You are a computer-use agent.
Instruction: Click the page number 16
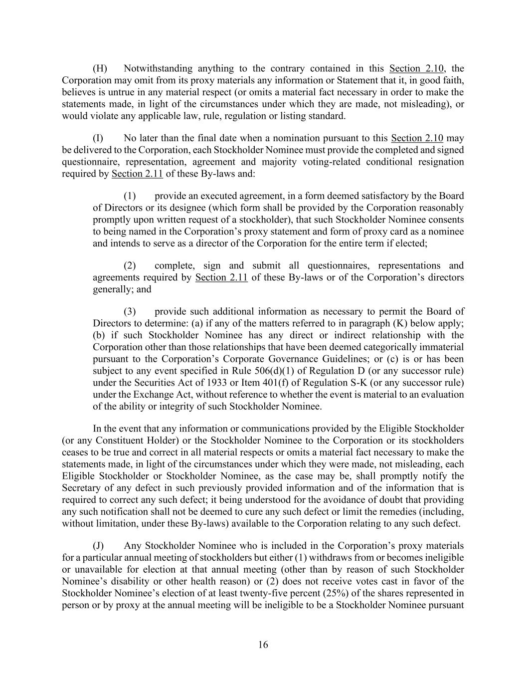pyautogui.click(x=263, y=645)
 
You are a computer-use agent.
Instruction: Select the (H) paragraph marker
pyautogui.click(x=100, y=68)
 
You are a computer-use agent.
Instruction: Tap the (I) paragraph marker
pyautogui.click(x=98, y=138)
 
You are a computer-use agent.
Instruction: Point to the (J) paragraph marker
pyautogui.click(x=98, y=546)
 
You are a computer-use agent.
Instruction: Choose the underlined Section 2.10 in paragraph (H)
pyautogui.click(x=417, y=68)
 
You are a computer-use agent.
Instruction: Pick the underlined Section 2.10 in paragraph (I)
pyautogui.click(x=417, y=138)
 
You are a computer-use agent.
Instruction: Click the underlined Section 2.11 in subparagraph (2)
pyautogui.click(x=221, y=277)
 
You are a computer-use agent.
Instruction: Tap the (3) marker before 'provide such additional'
pyautogui.click(x=130, y=311)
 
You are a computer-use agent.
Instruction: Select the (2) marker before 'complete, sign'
pyautogui.click(x=130, y=265)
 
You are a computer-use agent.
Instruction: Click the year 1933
pyautogui.click(x=214, y=383)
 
